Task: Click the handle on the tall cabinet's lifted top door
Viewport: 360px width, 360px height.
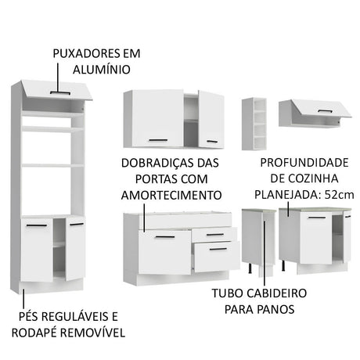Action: [x=59, y=92]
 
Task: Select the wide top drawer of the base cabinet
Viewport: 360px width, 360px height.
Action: [x=185, y=220]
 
